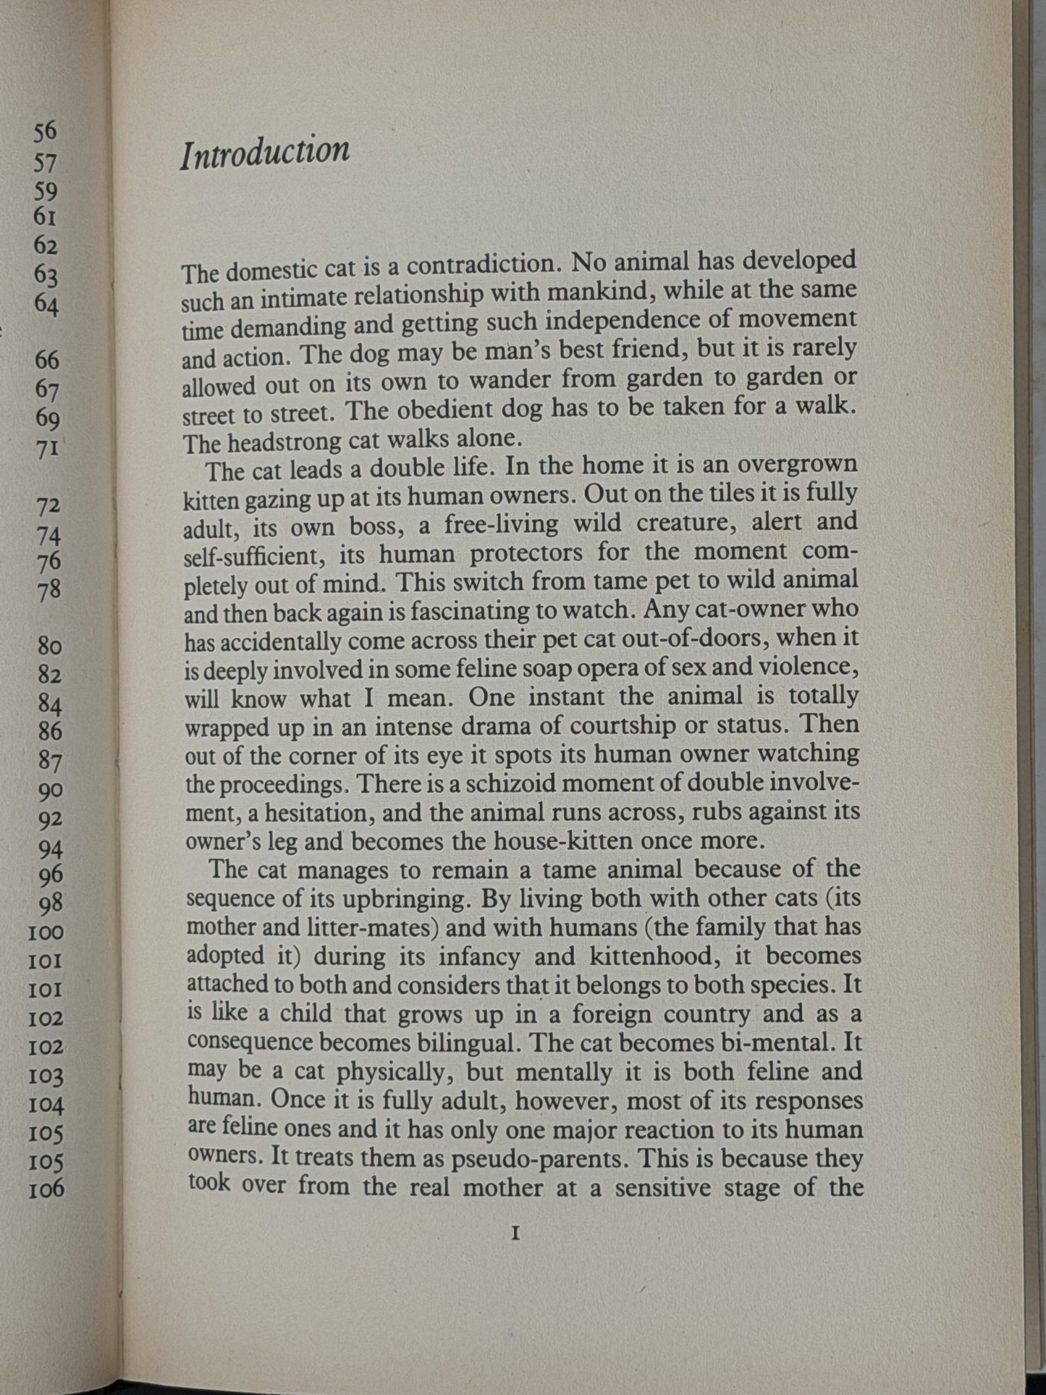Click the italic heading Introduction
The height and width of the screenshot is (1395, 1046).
[x=265, y=153]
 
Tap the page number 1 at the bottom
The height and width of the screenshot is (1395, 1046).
[x=515, y=1234]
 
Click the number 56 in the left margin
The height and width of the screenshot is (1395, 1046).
[x=45, y=131]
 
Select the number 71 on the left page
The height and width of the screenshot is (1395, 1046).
[x=46, y=448]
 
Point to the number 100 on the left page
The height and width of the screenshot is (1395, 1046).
[x=46, y=932]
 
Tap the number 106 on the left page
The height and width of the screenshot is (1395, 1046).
[x=46, y=1189]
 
